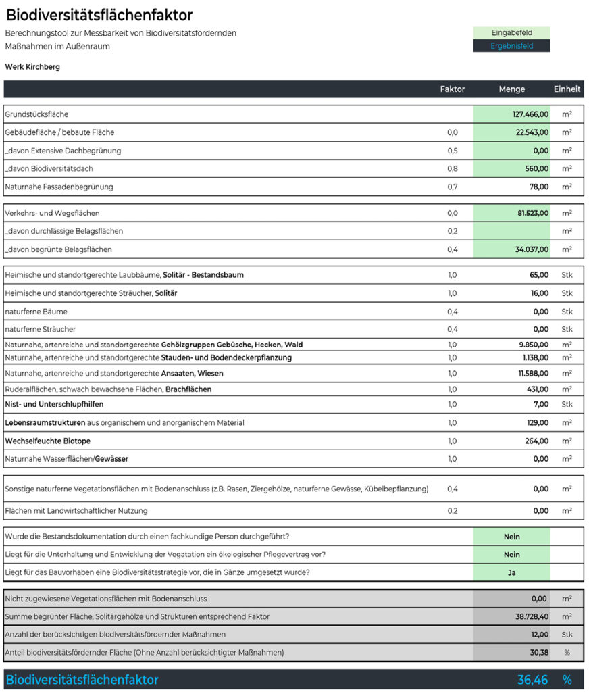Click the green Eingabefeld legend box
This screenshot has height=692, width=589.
coord(511,32)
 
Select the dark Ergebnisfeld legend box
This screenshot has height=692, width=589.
coord(511,46)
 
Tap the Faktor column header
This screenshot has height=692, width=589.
coord(453,89)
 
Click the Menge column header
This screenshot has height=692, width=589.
coord(511,89)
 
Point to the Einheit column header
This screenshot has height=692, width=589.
coord(567,89)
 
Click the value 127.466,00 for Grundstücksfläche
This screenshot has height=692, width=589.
coord(530,114)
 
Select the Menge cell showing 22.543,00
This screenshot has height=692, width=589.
coord(532,132)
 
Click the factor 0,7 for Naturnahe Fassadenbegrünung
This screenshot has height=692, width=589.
coord(453,187)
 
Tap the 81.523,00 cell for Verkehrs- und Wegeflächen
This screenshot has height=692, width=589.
coord(533,213)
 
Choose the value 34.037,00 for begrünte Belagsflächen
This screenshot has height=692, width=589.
coord(532,249)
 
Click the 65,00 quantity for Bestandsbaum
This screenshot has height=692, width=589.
coord(539,275)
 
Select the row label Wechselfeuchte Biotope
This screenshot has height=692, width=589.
coord(47,441)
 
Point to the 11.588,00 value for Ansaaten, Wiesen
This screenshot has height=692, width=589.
coord(533,373)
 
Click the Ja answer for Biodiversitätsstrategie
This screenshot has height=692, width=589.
coord(511,572)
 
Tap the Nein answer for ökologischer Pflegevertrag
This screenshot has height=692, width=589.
coord(511,554)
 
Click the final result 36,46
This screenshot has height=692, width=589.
coord(532,679)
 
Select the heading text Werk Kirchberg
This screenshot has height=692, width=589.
coord(32,67)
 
